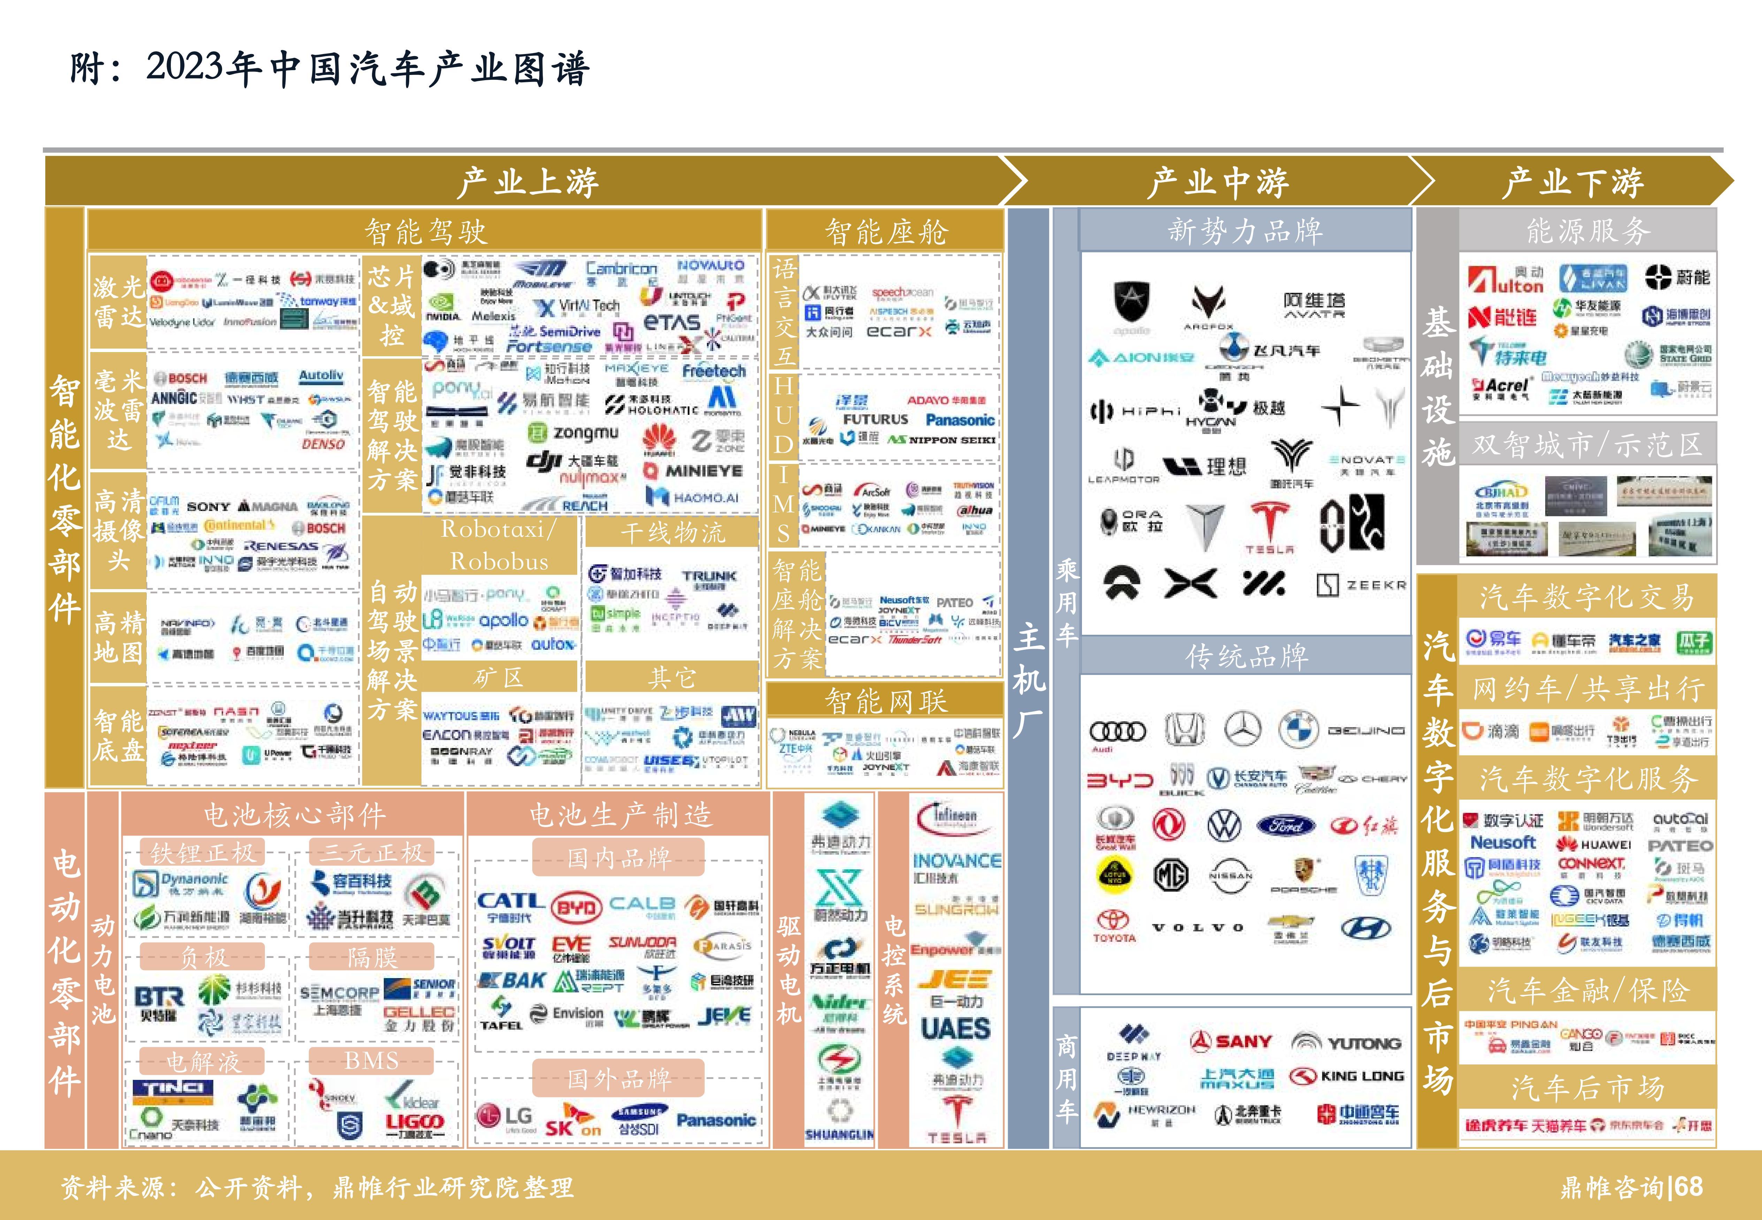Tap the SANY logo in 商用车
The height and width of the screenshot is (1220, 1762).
[1231, 1041]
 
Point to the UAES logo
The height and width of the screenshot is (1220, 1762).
[955, 1028]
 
